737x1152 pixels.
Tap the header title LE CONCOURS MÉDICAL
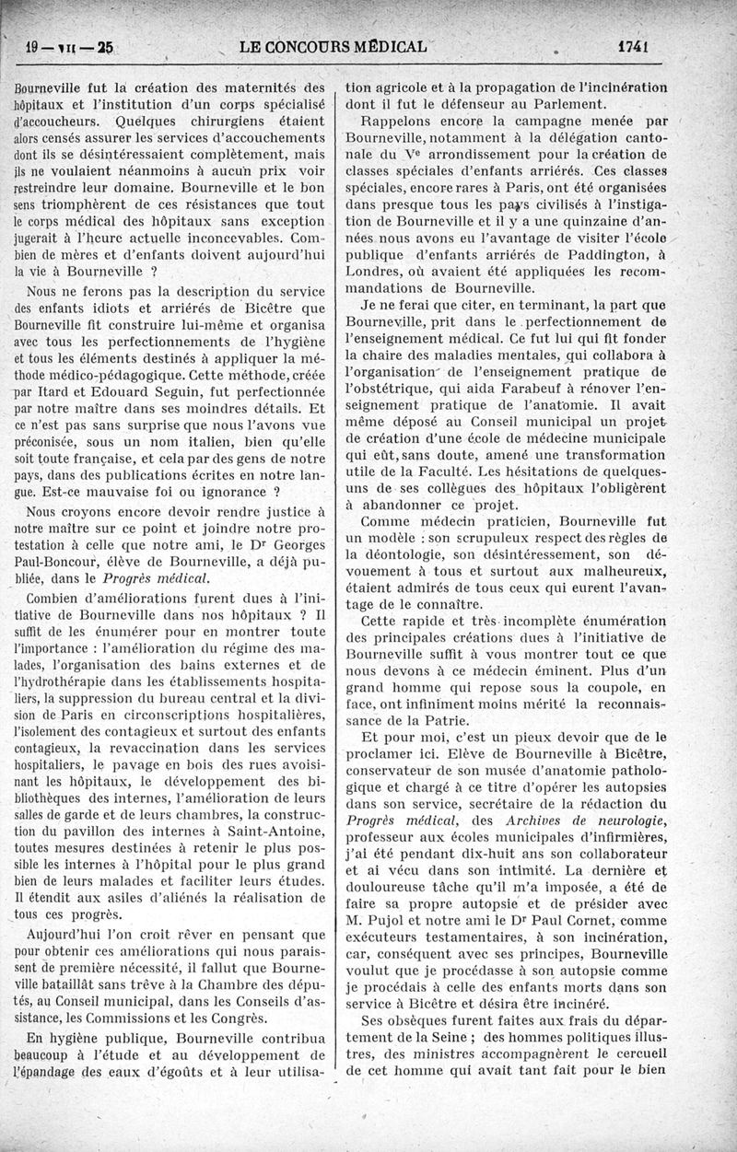[x=332, y=46]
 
